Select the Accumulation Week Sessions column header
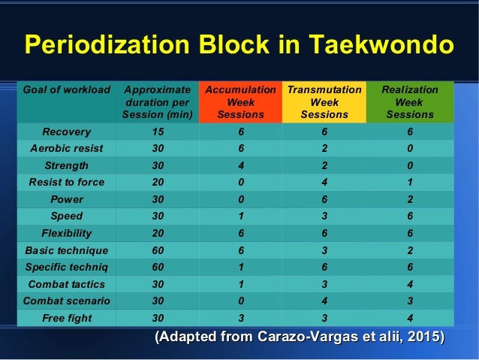(241, 102)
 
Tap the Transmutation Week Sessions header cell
(324, 102)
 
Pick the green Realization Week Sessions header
(410, 102)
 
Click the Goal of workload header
(67, 89)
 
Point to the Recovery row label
(67, 132)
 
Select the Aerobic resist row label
(67, 148)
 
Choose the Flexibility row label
(67, 233)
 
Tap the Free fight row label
(67, 318)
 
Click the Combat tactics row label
(67, 284)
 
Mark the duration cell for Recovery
(158, 132)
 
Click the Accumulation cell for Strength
(241, 165)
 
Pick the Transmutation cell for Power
(324, 199)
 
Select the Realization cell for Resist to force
(410, 182)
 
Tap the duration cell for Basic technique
(158, 250)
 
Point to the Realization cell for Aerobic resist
(410, 148)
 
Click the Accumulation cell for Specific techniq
(241, 267)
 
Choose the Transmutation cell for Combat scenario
(324, 301)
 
